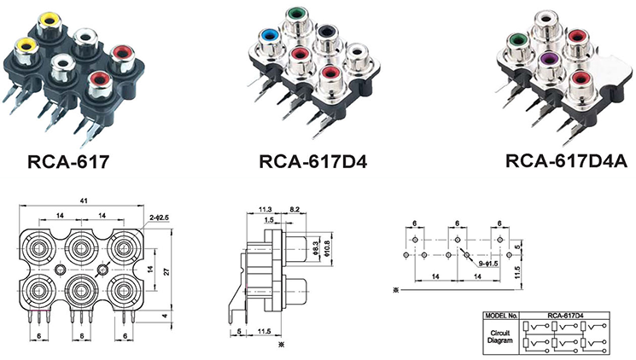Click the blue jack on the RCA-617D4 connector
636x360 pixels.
pyautogui.click(x=271, y=36)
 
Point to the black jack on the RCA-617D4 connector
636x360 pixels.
pyautogui.click(x=325, y=34)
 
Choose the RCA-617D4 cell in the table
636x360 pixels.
pyautogui.click(x=564, y=315)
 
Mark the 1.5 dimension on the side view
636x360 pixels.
pyautogui.click(x=269, y=220)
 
